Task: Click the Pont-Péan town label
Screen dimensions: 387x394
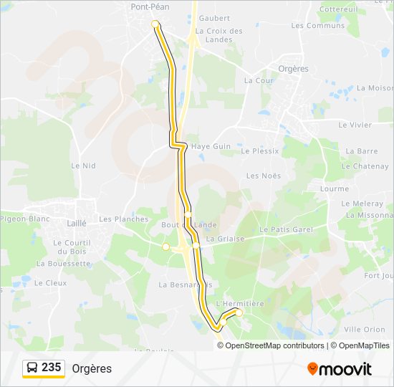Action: tap(149, 6)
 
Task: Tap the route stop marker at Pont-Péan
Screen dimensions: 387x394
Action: tap(155, 24)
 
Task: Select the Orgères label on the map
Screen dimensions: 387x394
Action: tap(292, 69)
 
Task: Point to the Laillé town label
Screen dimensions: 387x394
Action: tap(76, 223)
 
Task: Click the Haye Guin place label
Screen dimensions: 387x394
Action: tap(211, 146)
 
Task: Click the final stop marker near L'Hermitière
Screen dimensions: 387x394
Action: tap(239, 313)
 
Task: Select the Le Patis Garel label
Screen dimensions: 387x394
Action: tap(287, 229)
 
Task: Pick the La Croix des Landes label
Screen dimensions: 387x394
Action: tap(219, 35)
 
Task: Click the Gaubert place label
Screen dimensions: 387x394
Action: tap(214, 18)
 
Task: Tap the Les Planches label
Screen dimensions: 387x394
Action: tap(124, 219)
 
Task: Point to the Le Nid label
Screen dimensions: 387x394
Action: tap(83, 166)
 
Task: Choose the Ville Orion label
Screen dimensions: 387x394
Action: tap(365, 330)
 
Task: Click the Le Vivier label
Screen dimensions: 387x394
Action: tap(355, 125)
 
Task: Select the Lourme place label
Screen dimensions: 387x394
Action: tap(335, 189)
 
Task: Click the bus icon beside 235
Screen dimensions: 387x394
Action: tap(32, 368)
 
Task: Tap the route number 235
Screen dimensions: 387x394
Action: tap(52, 368)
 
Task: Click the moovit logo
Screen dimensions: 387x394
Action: tap(340, 369)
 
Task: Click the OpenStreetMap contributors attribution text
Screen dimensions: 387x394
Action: tap(275, 345)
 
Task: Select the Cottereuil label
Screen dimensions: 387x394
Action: tap(338, 9)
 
